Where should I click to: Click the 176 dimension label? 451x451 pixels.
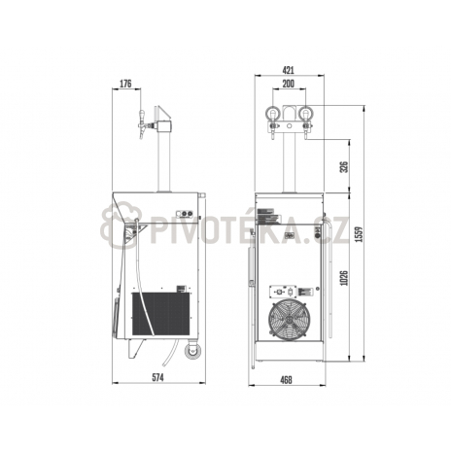pos(125,84)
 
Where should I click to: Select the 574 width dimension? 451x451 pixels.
pos(158,377)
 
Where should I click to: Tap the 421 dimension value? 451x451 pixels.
pos(288,70)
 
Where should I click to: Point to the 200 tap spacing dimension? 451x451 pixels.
pos(288,84)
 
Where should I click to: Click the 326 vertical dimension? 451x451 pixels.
pos(344,166)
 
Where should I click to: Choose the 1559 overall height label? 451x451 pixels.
pos(359,234)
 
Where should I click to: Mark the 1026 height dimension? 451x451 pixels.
pos(344,278)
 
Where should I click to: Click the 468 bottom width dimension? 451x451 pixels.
pos(286,380)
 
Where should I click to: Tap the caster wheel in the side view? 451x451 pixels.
pos(192,351)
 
